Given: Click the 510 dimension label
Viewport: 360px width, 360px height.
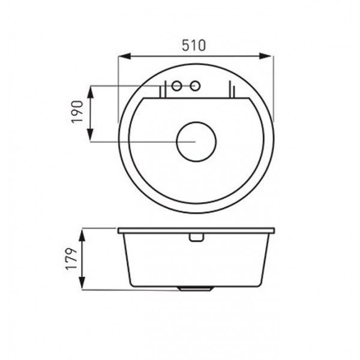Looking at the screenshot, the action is (194, 46).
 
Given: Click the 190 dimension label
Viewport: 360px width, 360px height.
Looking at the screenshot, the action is (77, 112).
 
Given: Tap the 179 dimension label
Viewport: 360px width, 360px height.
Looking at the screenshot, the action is (71, 259).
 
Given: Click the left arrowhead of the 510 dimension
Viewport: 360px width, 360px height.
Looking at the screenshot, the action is (124, 56).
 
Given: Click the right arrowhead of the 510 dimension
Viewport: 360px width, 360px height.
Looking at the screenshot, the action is (265, 56).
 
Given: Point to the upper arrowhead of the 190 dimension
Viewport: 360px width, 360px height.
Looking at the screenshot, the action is (91, 92).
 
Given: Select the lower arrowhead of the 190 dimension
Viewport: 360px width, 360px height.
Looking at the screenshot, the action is (91, 135).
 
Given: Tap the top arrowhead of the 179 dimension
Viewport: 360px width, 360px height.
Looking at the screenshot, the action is (82, 235).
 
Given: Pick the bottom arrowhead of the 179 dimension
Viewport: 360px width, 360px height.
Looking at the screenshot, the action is (82, 283).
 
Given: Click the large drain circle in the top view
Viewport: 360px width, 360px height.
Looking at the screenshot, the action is (196, 122).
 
